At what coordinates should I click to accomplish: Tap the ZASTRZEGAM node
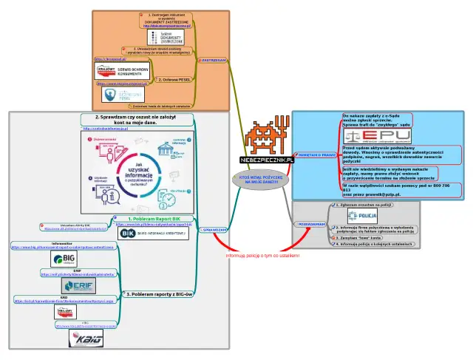click(x=213, y=60)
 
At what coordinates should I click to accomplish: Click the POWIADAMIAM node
click(x=311, y=223)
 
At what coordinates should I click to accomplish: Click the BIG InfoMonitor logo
click(x=65, y=259)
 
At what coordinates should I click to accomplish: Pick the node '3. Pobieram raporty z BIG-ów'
click(x=159, y=293)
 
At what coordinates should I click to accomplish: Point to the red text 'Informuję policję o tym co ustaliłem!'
click(x=262, y=256)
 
